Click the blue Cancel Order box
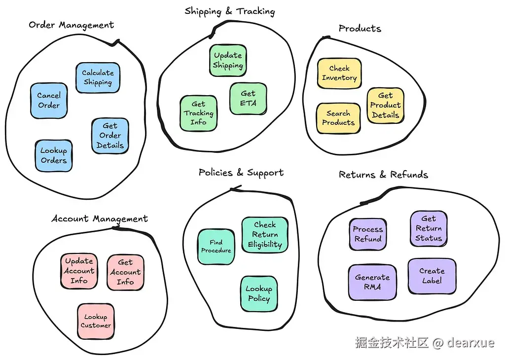(x=48, y=101)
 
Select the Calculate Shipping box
(x=98, y=78)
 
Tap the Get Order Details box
(x=110, y=136)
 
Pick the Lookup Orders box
(x=53, y=156)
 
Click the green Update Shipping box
(x=228, y=61)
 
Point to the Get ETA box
(x=248, y=99)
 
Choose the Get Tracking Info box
(x=198, y=113)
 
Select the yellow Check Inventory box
(x=339, y=73)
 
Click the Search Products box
(x=338, y=118)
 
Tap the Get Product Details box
(x=385, y=106)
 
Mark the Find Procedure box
(x=216, y=247)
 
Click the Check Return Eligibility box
(x=265, y=235)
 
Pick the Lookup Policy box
(x=259, y=294)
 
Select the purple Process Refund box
(x=367, y=234)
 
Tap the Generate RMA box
(x=372, y=282)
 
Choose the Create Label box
(x=432, y=276)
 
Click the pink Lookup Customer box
(x=96, y=322)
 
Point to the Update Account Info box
(x=79, y=271)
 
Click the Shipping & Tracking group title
(x=229, y=11)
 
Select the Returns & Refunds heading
(x=383, y=175)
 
